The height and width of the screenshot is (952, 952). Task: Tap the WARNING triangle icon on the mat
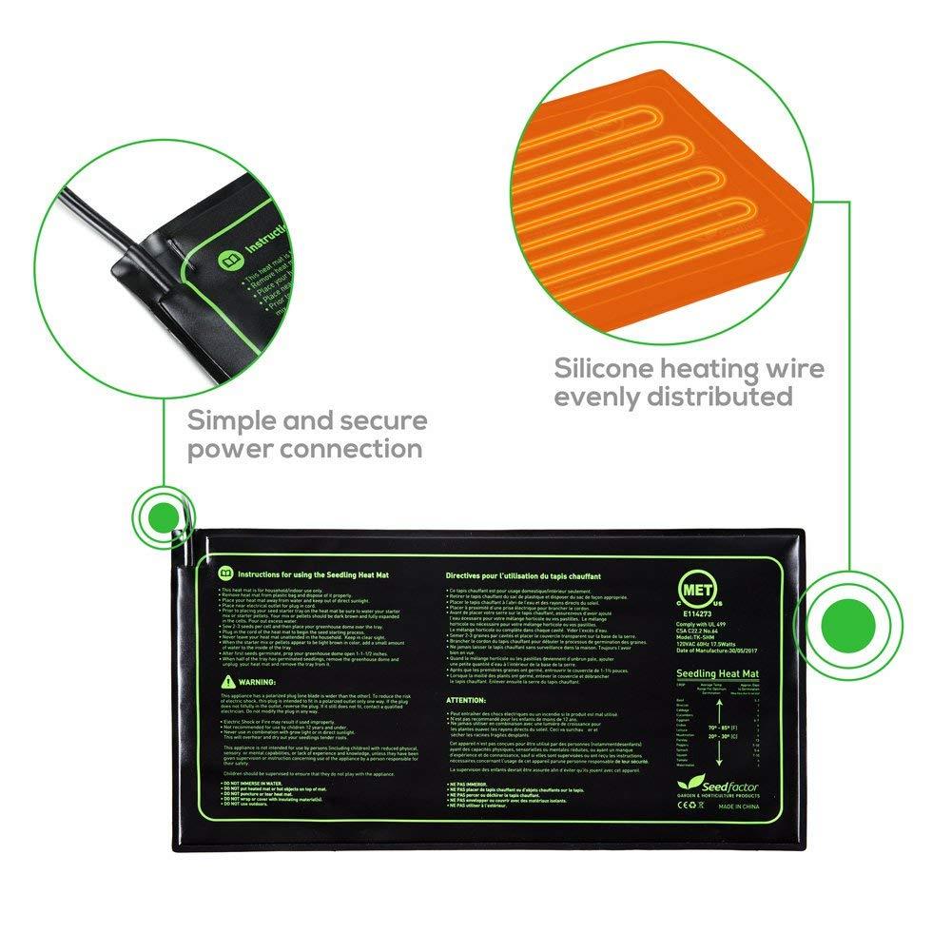(225, 683)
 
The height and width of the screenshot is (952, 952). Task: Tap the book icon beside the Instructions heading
(225, 574)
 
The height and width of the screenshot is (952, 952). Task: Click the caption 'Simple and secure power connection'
(307, 434)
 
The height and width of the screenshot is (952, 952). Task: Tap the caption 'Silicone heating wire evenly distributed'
(690, 381)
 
